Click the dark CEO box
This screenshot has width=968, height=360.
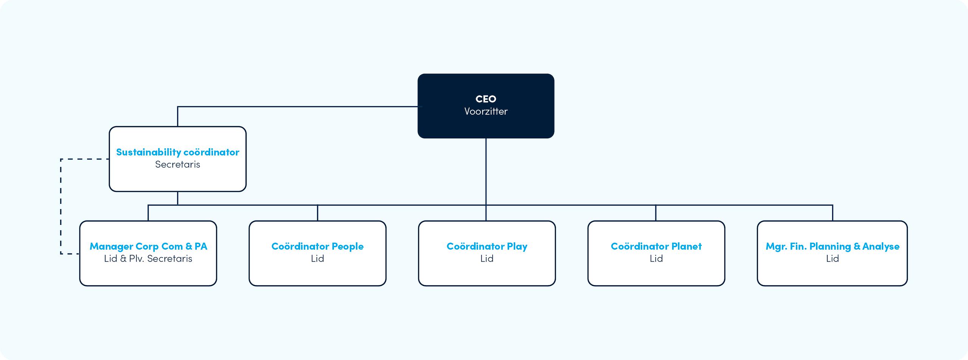pyautogui.click(x=486, y=106)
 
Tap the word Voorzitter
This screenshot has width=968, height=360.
pyautogui.click(x=486, y=111)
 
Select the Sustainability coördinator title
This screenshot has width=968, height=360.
pyautogui.click(x=178, y=152)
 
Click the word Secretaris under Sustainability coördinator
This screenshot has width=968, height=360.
pyautogui.click(x=178, y=164)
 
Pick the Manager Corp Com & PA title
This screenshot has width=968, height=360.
pyautogui.click(x=148, y=246)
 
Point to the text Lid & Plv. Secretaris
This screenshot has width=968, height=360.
pyautogui.click(x=148, y=258)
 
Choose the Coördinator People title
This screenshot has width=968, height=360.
pyautogui.click(x=318, y=246)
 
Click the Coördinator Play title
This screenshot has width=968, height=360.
pyautogui.click(x=487, y=246)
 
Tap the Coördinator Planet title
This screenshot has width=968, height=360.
pyautogui.click(x=656, y=246)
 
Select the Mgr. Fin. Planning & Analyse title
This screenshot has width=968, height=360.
pyautogui.click(x=833, y=246)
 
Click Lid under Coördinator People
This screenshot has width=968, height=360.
pyautogui.click(x=318, y=258)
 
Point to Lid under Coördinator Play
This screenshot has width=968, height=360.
pyautogui.click(x=487, y=258)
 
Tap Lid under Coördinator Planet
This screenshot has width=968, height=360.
pyautogui.click(x=656, y=258)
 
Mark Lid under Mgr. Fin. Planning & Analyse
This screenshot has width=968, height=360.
pyautogui.click(x=833, y=258)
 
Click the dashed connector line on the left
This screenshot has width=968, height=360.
pyautogui.click(x=61, y=206)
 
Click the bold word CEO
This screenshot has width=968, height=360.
pyautogui.click(x=486, y=99)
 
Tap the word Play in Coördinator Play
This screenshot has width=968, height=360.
pyautogui.click(x=517, y=247)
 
